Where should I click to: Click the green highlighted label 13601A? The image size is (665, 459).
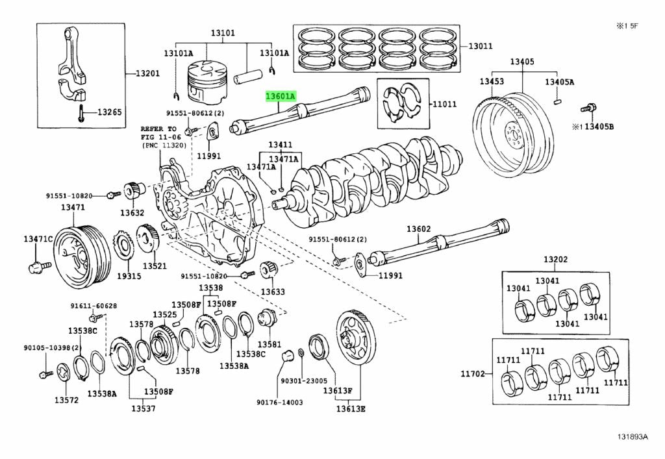[x=280, y=96]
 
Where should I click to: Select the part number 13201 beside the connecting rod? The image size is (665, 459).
[x=147, y=73]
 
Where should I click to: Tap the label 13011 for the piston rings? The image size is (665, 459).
[x=481, y=46]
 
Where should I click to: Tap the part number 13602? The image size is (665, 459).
[x=419, y=229]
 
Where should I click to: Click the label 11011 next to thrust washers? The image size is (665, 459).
[x=445, y=103]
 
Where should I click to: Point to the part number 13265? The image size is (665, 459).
[x=110, y=112]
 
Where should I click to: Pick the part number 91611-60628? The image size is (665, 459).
[x=94, y=306]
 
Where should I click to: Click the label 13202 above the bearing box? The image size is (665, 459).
[x=555, y=259]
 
